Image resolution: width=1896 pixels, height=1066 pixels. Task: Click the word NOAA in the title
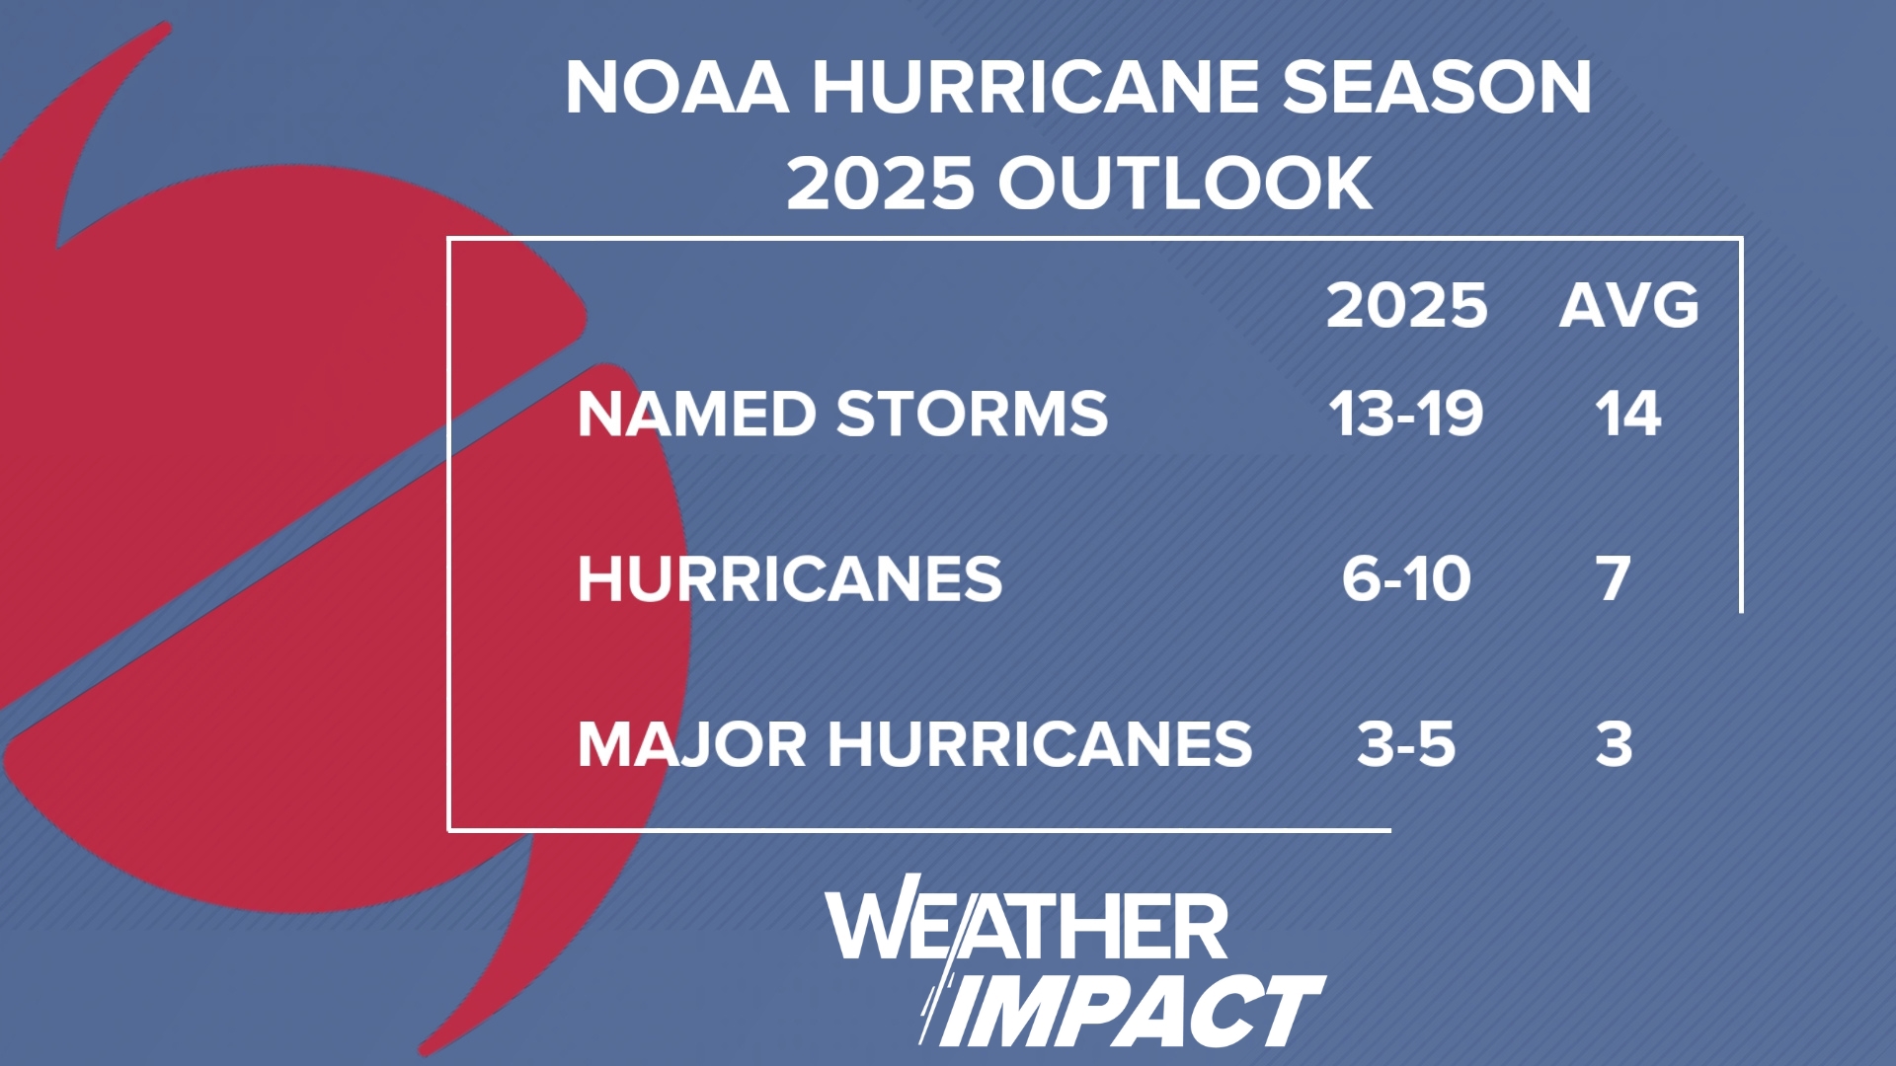point(677,87)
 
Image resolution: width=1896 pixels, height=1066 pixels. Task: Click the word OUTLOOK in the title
point(1185,184)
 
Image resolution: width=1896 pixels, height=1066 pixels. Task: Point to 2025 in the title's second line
point(880,184)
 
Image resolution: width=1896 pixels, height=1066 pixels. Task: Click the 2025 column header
point(1406,306)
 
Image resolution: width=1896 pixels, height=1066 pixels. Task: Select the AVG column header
point(1629,306)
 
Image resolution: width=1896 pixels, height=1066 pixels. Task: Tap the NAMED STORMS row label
point(843,414)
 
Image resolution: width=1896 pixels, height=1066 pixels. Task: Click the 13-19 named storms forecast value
point(1406,414)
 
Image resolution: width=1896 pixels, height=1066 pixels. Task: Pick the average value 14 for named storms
point(1628,414)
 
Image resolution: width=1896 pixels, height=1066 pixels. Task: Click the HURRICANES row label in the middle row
point(790,578)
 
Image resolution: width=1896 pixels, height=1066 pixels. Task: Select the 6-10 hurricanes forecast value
point(1406,578)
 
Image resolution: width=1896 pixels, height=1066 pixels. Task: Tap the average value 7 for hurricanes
point(1614,578)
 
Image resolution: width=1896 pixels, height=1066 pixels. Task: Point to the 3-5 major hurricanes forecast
point(1406,744)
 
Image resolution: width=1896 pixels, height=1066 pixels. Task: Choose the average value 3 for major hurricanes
point(1614,744)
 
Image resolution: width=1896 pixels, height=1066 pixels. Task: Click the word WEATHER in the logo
point(1027,924)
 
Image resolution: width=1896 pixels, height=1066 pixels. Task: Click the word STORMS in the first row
point(973,414)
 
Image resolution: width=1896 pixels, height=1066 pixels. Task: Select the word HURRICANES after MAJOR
point(1041,744)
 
